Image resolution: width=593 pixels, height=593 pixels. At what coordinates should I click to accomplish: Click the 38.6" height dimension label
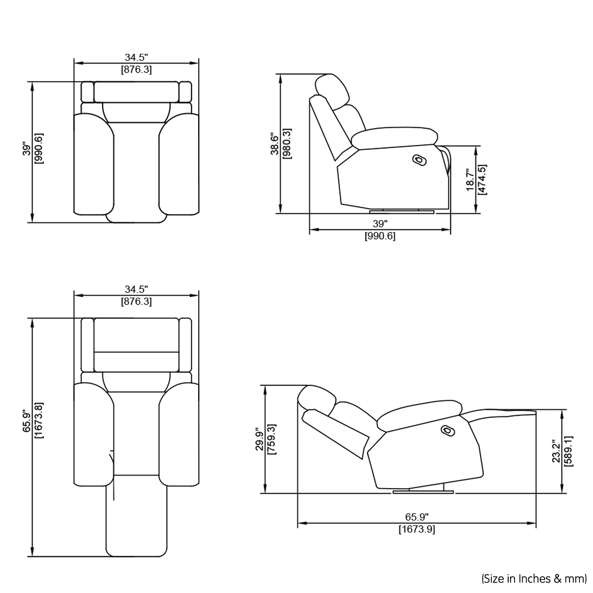273,144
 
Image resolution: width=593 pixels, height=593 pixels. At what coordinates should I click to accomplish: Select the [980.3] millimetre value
286,144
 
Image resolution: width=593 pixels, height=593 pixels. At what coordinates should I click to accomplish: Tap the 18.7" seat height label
470,180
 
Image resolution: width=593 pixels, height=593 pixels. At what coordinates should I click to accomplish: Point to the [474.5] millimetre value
482,180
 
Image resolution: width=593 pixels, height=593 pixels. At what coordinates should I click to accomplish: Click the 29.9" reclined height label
258,439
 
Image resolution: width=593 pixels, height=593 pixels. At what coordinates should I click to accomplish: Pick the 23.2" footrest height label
556,451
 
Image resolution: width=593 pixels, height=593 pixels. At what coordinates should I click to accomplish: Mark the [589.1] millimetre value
568,451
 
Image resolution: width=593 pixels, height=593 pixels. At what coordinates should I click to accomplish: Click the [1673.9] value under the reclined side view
417,529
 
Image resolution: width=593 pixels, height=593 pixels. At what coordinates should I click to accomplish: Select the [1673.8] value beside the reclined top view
38,421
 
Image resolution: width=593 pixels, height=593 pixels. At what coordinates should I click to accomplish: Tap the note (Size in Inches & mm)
534,578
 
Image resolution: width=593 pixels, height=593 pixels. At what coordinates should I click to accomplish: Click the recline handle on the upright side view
419,159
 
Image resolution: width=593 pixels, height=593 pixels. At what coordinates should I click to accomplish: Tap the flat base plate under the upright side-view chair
402,211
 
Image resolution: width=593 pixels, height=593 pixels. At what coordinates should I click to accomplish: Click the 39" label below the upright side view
380,224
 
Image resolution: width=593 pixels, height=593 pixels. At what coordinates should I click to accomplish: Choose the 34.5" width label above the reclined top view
136,289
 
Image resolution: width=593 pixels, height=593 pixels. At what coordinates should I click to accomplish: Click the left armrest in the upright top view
93,165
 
